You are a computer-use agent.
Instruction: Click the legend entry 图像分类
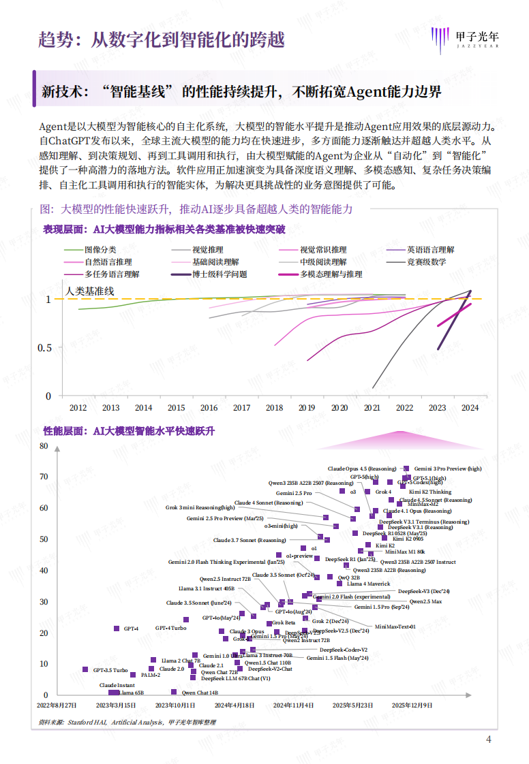point(100,250)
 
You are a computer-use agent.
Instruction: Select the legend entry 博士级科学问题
point(220,274)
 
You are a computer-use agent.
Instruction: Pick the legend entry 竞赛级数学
point(427,262)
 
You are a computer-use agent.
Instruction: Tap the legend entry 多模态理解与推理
point(331,274)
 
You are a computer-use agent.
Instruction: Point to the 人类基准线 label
point(90,291)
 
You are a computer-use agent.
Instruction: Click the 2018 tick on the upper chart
point(275,408)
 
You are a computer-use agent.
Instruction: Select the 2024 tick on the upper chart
point(470,408)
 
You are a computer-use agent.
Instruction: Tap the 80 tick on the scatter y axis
point(44,446)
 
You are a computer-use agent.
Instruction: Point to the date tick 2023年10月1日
point(175,705)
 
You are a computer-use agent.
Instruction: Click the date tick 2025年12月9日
point(412,705)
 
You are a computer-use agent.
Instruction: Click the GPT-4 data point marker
point(117,628)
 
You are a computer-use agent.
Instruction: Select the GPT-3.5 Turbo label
point(110,670)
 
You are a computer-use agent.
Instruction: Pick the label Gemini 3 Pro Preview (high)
point(447,468)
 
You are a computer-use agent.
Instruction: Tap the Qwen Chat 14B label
point(200,693)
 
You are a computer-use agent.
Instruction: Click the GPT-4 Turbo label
point(170,628)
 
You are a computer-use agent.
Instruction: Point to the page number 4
point(488,740)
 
